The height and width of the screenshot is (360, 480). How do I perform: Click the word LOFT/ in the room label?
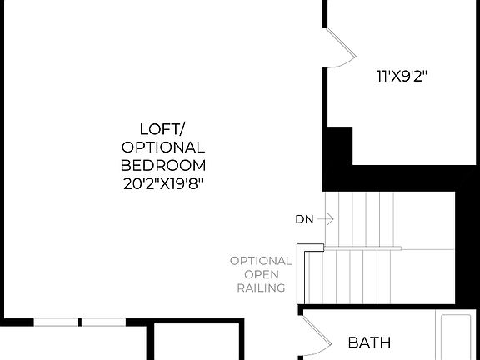(163, 128)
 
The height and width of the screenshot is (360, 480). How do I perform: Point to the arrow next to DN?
(326, 220)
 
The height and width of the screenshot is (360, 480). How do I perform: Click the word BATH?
(369, 342)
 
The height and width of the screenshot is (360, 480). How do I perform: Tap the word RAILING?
(261, 288)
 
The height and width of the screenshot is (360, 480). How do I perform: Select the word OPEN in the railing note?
(261, 274)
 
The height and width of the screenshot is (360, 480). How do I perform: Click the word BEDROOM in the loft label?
(163, 164)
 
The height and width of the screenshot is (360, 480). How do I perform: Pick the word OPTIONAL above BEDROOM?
(163, 147)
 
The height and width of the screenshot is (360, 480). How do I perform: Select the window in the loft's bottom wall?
(78, 322)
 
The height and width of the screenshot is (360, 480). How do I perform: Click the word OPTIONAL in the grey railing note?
(261, 260)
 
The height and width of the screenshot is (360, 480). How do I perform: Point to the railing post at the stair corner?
(313, 247)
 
